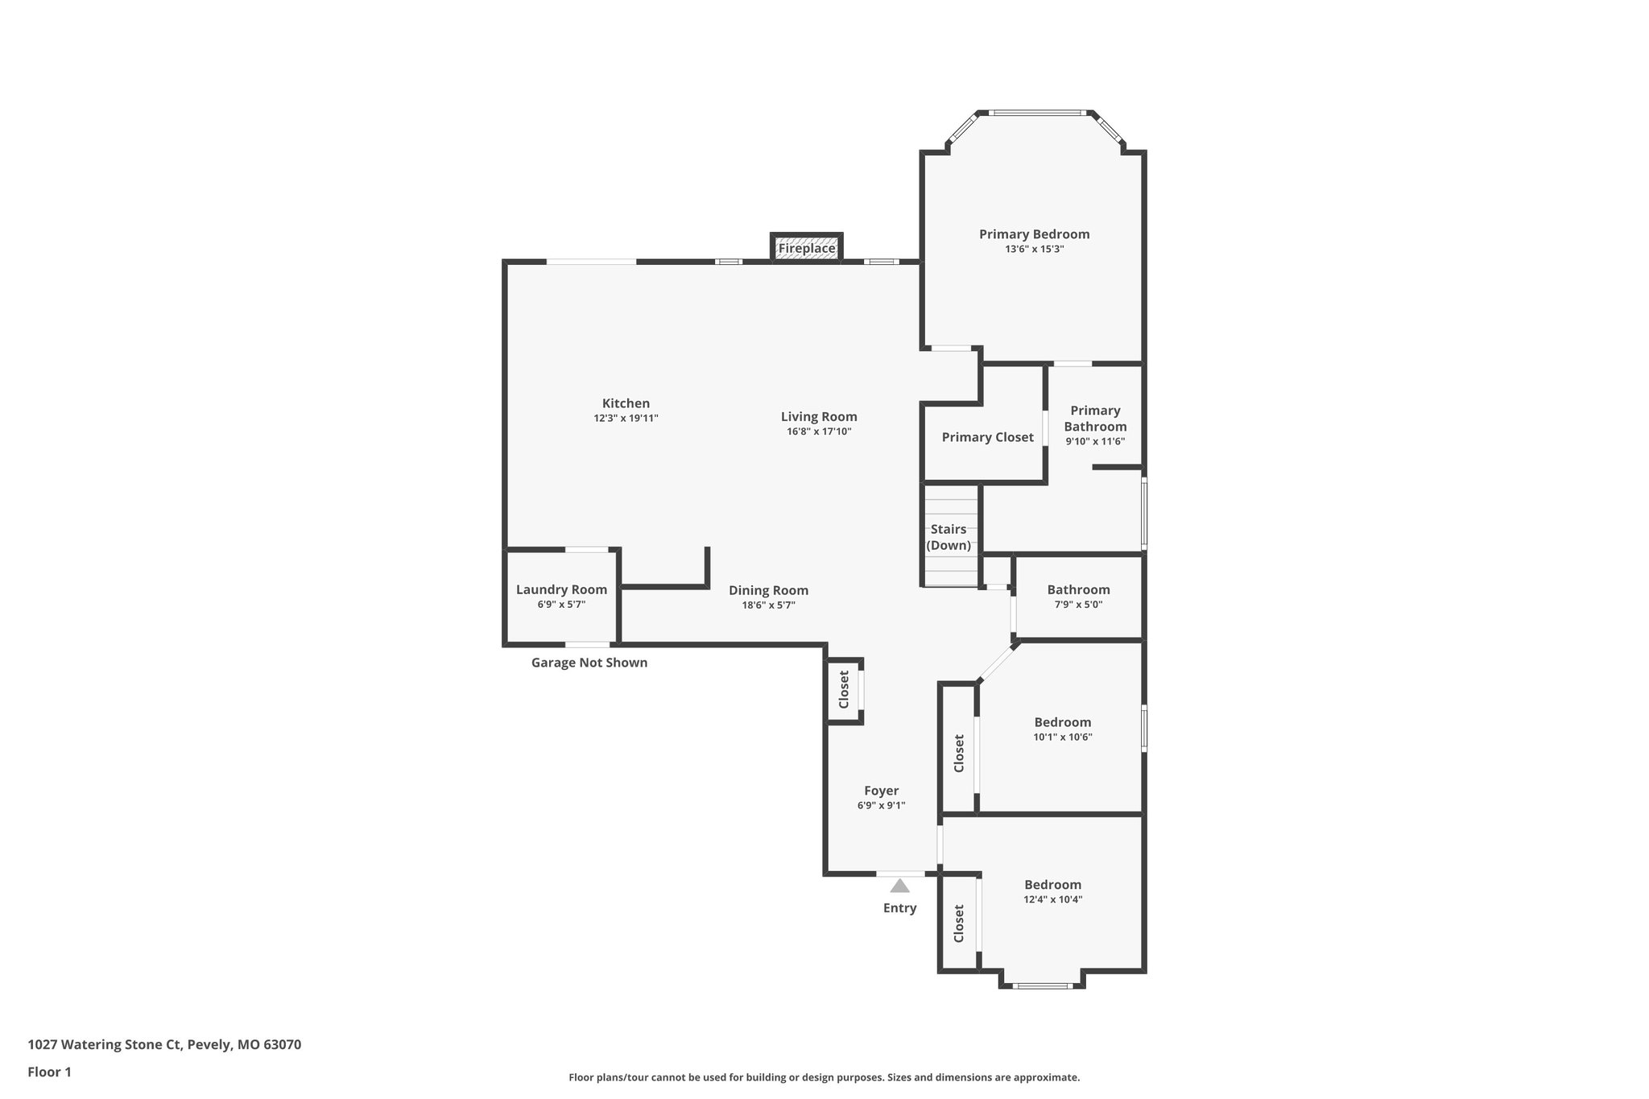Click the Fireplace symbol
click(807, 248)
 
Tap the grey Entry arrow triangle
click(899, 886)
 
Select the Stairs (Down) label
click(948, 537)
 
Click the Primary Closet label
click(987, 437)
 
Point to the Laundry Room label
click(561, 589)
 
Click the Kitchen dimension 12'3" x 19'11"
click(626, 418)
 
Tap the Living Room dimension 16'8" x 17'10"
click(819, 432)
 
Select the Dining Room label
click(768, 590)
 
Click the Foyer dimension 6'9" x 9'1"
click(881, 805)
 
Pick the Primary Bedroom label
click(1034, 234)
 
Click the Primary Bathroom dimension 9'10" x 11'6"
click(1095, 441)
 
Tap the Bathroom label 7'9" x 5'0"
click(1078, 590)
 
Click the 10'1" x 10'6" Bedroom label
click(1062, 722)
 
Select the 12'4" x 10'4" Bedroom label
click(1052, 885)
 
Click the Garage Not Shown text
click(589, 663)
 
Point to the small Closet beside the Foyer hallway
click(844, 689)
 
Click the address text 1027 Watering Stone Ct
click(164, 1045)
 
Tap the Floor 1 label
click(49, 1072)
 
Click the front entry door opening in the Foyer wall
click(900, 874)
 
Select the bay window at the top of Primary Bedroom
click(1035, 113)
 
